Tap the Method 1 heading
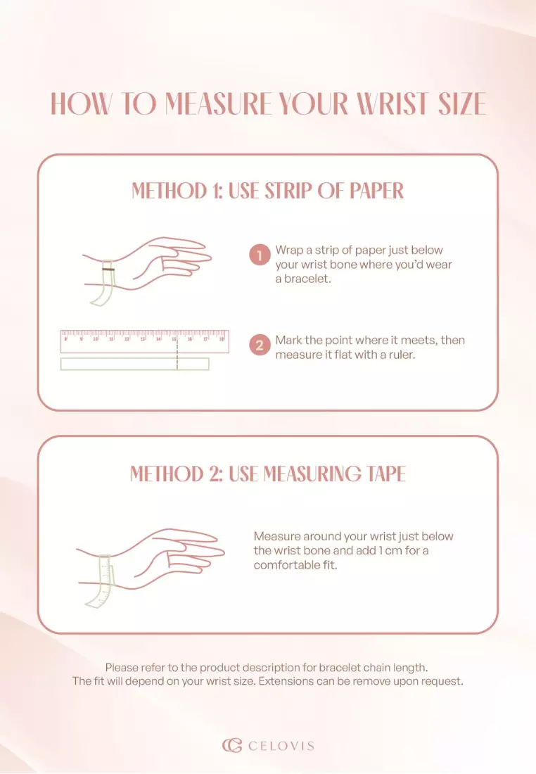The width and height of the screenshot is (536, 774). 268,191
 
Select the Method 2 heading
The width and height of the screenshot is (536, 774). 268,474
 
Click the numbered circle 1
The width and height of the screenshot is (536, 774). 260,255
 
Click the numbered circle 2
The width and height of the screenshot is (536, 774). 260,345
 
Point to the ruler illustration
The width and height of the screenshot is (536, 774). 145,341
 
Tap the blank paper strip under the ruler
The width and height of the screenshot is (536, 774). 135,364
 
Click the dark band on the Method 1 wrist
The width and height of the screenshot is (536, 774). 108,269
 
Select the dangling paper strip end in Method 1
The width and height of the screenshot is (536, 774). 102,296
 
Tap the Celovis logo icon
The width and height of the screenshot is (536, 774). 231,745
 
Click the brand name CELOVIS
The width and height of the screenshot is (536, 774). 281,745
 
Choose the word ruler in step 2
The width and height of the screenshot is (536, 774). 400,355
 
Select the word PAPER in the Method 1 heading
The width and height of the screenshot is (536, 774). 376,191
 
